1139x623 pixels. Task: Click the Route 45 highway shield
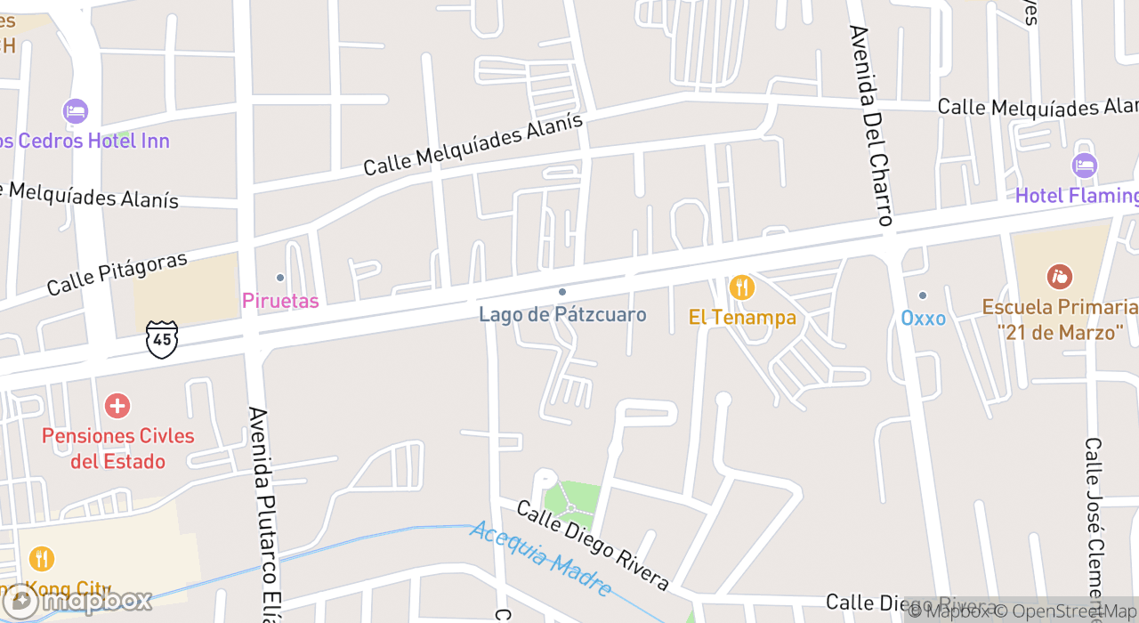tap(162, 340)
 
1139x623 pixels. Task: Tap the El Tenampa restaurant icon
tap(741, 287)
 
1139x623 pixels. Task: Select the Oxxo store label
tap(923, 318)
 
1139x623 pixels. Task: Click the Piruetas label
tap(280, 301)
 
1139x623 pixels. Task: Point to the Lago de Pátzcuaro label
tap(562, 314)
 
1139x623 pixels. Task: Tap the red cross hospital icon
tap(117, 407)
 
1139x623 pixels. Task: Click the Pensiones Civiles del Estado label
tap(118, 449)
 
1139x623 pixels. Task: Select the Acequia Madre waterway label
tap(542, 558)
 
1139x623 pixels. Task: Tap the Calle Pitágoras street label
tap(117, 273)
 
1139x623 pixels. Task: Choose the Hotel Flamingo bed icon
tap(1084, 166)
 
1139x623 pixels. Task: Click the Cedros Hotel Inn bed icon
tap(76, 112)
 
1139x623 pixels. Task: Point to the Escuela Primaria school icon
tap(1059, 277)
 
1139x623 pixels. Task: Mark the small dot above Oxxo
tap(923, 295)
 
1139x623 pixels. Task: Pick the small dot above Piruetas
tap(280, 278)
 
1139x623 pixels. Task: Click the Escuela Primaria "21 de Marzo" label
tap(1060, 320)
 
